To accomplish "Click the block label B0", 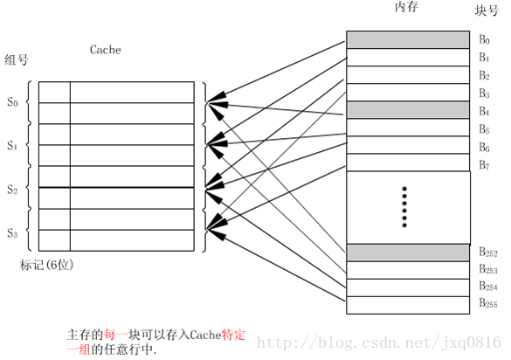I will tap(485, 41).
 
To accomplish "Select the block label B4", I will tap(485, 111).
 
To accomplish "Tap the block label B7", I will tap(485, 164).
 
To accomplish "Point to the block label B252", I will tap(487, 253).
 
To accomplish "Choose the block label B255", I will tap(487, 303).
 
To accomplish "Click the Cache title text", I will tap(106, 50).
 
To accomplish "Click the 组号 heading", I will tap(16, 60).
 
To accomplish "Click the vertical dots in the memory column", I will tap(404, 206).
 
